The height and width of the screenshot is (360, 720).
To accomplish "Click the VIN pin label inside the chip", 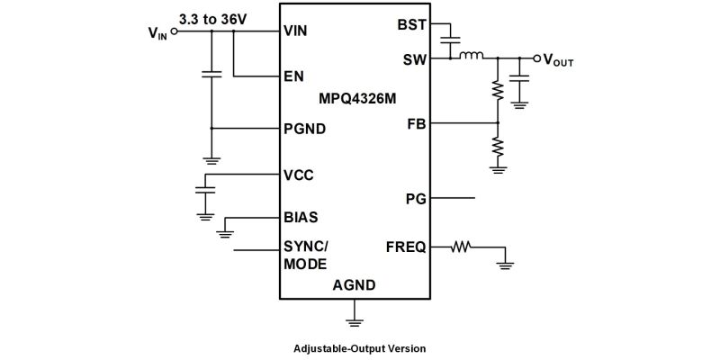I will [296, 31].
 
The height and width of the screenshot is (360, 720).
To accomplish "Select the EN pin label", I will [293, 76].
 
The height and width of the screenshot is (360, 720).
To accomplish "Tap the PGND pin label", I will [304, 129].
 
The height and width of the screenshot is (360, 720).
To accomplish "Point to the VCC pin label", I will [299, 175].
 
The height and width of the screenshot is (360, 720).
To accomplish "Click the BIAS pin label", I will [301, 218].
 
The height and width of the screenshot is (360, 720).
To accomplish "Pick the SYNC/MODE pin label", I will [305, 255].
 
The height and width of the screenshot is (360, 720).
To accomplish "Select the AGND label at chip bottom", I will [354, 286].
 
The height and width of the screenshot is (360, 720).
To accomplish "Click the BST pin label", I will [411, 24].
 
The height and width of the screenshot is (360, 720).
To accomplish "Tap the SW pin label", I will [414, 59].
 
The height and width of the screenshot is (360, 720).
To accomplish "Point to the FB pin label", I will [417, 123].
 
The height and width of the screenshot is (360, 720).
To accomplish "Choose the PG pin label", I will [416, 197].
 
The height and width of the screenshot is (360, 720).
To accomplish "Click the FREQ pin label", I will [406, 247].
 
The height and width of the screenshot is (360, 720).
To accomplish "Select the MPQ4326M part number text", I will [357, 97].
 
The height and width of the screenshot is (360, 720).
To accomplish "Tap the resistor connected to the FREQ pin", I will [462, 246].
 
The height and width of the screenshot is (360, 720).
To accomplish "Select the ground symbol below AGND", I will [355, 317].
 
